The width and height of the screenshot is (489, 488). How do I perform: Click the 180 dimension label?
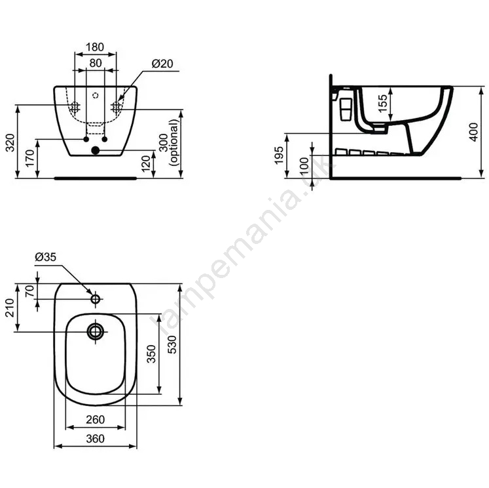pos(95,47)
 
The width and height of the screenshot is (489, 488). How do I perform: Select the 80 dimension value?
pos(96,64)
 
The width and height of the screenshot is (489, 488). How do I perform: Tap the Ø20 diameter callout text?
pos(162,64)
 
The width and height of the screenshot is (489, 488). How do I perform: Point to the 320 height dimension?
pos(10,143)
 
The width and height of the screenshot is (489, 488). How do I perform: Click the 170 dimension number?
pos(30,158)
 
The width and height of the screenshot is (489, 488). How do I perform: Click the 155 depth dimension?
pos(383,104)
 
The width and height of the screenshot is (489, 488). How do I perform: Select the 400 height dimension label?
pos(474,132)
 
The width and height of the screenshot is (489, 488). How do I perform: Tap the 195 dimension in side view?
pos(279,155)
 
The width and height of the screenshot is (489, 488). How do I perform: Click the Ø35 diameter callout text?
pos(46,257)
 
